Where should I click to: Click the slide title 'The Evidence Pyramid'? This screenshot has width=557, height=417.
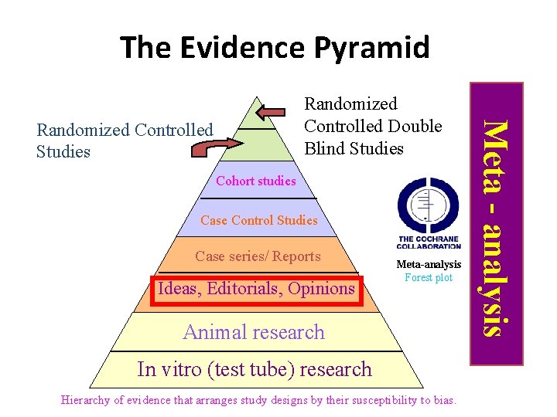[x=275, y=47]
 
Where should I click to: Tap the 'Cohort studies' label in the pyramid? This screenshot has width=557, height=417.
[x=256, y=181]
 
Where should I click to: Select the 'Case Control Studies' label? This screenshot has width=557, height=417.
[x=258, y=220]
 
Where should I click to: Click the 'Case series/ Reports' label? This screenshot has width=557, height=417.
[x=258, y=256]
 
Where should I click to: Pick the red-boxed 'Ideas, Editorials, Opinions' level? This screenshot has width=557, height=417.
[x=256, y=289]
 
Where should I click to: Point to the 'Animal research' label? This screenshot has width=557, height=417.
[x=254, y=332]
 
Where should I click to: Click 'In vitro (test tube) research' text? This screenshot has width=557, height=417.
[x=255, y=369]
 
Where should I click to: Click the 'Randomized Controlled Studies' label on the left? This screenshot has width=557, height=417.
[x=125, y=141]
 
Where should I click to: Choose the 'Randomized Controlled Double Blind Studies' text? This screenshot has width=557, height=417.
[x=373, y=126]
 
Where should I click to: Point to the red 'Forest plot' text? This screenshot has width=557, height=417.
[x=429, y=278]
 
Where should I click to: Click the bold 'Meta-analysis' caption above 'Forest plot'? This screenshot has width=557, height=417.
[x=429, y=265]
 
